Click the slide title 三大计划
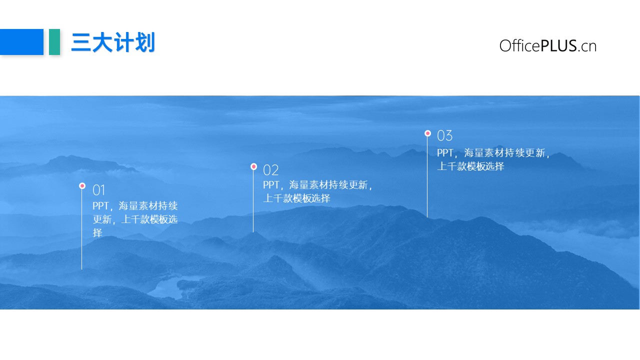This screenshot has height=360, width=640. point(113,42)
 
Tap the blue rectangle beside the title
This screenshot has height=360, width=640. point(21,41)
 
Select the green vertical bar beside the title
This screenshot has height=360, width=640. point(54,41)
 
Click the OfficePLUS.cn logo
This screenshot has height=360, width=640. point(547,45)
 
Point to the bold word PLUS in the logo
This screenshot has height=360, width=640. point(558,45)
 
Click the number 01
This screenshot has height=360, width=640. point(99,190)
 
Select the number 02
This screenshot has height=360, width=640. point(270,170)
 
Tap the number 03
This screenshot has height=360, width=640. point(444,135)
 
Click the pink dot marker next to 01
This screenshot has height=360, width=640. point(82,186)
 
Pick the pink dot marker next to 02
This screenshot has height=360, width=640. point(253,166)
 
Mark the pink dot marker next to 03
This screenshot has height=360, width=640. point(427,133)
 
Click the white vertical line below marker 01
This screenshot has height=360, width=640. point(81,229)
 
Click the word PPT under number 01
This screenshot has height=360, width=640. point(100,205)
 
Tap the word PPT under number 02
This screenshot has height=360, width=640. point(271,185)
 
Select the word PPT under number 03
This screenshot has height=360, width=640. point(445,153)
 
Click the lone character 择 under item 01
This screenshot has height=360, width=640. point(97,233)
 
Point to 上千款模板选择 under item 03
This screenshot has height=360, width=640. point(470,166)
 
